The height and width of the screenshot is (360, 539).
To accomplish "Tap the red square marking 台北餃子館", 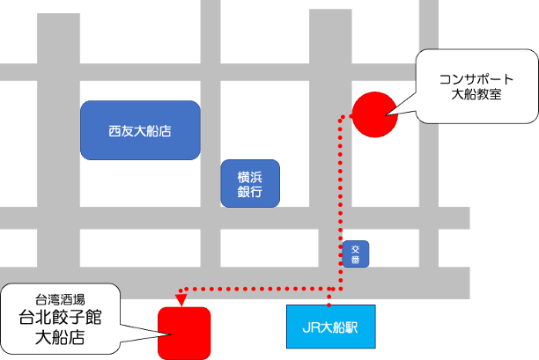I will pos(184,332).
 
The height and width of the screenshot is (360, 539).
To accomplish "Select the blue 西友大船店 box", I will pos(139,130).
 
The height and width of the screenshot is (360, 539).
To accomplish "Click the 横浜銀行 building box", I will pos(250,183).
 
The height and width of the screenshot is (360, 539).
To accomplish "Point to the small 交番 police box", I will pos(356,254).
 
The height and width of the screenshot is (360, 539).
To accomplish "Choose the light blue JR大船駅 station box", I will pos(330,327).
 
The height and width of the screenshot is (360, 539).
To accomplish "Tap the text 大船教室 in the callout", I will pos(476,94).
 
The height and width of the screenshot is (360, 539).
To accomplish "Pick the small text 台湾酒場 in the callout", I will pos(61,298).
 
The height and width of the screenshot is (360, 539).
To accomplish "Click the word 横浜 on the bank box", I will pos(250,175).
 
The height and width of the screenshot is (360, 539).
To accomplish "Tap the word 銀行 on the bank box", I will pos(250,192).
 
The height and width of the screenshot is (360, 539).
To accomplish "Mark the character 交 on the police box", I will pos(356,249).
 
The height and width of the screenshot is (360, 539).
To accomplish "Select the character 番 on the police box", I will pos(356,260).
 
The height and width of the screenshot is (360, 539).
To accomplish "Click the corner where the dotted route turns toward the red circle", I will pos(340,116).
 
